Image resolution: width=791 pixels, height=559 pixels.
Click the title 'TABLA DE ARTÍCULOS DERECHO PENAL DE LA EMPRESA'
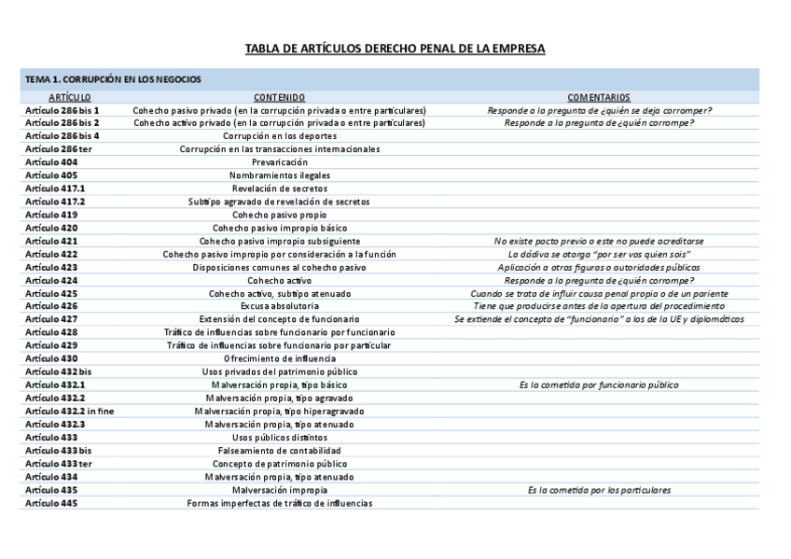point(395,49)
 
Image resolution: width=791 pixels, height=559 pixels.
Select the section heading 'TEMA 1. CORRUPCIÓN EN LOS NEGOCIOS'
point(113,80)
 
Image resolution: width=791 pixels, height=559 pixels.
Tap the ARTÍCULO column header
point(70,97)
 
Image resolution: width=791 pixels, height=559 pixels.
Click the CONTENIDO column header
point(279,97)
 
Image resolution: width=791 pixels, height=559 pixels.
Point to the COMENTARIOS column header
point(598,97)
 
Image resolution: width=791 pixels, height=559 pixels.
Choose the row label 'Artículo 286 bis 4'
point(62,135)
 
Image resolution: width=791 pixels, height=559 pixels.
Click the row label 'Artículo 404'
point(51,161)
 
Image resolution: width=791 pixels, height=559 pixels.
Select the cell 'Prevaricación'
point(279,161)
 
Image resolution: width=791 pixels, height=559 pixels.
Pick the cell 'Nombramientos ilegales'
point(279,175)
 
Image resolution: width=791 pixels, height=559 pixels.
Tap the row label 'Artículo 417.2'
point(55,201)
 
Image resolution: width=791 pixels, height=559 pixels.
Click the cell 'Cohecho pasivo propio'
point(279,215)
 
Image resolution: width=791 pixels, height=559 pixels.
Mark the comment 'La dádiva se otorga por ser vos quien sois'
point(599,254)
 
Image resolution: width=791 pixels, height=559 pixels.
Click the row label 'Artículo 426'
point(51,306)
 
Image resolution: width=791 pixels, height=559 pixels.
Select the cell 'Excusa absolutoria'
point(279,306)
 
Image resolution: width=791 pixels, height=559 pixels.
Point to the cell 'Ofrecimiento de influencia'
point(279,358)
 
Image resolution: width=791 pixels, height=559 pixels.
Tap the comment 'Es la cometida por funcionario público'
point(599,384)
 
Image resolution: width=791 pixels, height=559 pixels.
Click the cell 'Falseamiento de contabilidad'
point(279,450)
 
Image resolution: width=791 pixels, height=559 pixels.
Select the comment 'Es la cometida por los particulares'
point(599,490)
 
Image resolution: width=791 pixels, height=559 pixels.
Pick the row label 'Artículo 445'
point(51,503)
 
